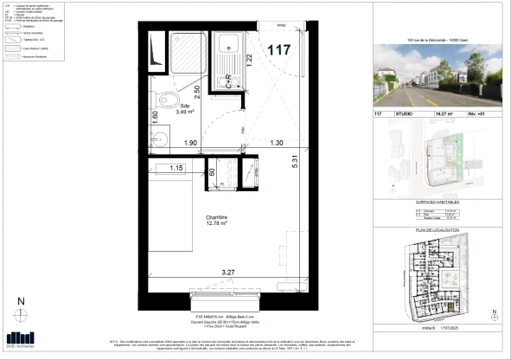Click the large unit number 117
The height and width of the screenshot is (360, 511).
pyautogui.click(x=279, y=49)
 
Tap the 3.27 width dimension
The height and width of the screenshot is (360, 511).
pyautogui.click(x=228, y=273)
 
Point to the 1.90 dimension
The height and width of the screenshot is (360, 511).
pyautogui.click(x=191, y=143)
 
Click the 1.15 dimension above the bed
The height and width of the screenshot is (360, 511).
pyautogui.click(x=177, y=167)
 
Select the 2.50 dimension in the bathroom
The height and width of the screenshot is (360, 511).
pyautogui.click(x=196, y=90)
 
